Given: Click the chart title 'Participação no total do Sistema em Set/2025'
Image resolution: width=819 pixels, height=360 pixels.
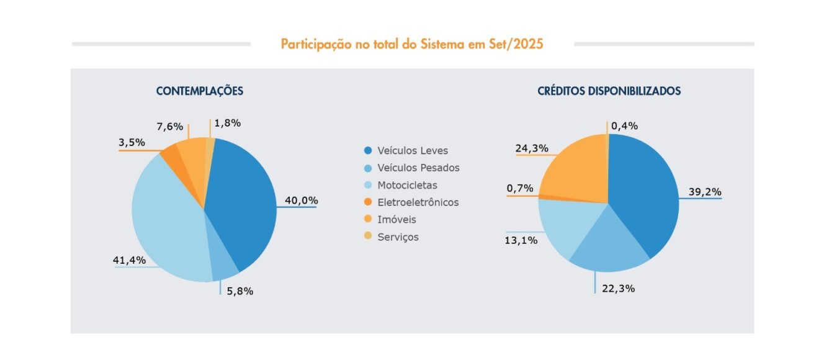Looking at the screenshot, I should click(412, 45).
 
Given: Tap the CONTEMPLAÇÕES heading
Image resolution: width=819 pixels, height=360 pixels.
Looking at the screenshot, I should click(199, 91).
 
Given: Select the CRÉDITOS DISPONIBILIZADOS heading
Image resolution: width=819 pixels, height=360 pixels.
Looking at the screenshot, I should click(609, 91).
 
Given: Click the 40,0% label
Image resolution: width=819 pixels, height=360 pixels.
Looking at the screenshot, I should click(301, 200).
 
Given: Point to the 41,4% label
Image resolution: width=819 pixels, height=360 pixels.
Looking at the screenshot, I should click(129, 260).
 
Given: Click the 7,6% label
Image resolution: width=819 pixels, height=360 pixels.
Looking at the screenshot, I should click(169, 127).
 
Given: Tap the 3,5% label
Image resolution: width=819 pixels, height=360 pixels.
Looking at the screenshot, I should click(132, 143).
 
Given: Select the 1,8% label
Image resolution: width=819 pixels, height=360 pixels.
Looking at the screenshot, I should click(227, 123).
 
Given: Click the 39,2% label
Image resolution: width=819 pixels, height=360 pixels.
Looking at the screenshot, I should click(705, 192).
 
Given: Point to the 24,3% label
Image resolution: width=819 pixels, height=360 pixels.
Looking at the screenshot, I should click(531, 148).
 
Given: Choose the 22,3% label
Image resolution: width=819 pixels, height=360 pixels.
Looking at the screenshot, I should click(618, 289).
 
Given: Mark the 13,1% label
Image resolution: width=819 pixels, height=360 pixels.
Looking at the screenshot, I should click(521, 240).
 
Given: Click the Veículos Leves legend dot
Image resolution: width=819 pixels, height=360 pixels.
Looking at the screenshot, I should click(368, 151).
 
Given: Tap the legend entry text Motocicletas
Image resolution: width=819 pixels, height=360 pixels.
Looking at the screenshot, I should click(407, 185).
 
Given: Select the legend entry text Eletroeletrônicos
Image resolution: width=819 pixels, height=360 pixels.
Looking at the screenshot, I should click(418, 202).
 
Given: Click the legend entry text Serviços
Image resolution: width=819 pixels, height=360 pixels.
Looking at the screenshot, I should click(398, 236).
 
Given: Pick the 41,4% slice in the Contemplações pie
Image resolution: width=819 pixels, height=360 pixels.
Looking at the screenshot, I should click(168, 223).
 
